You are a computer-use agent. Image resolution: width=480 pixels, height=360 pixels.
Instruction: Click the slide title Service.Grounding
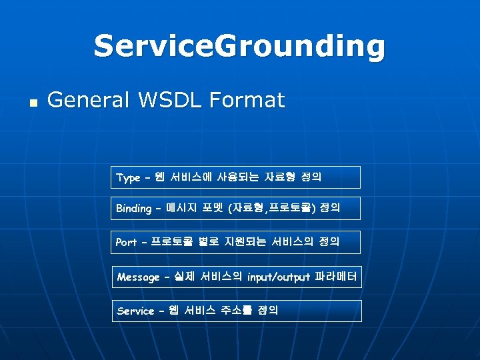tap(239, 47)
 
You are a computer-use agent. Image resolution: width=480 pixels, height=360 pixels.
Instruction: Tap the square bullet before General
tap(33, 104)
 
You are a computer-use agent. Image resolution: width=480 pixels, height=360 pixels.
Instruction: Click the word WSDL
tap(169, 101)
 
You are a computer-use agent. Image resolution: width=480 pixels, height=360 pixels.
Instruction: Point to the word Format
tap(247, 101)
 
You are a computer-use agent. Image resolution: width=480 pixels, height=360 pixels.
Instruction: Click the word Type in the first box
tap(128, 178)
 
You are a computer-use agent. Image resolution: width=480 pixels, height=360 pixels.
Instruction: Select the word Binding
tap(133, 209)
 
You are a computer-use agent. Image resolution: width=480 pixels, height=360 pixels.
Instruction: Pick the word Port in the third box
tap(126, 243)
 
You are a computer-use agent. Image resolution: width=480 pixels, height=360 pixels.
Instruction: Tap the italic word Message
tap(138, 277)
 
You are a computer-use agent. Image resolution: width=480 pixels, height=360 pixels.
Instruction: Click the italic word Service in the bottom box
tap(135, 311)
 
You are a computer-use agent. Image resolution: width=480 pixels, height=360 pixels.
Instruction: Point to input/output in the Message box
tap(278, 277)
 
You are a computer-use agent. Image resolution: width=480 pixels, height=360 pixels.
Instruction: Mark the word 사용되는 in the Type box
tap(239, 177)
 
